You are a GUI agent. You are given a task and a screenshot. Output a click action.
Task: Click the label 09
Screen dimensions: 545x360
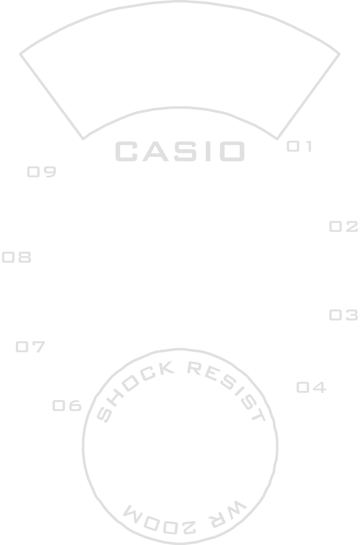coord(41,172)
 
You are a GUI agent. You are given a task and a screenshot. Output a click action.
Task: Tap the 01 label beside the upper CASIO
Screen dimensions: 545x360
coord(299,147)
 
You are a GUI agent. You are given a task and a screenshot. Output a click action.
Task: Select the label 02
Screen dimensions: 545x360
coord(344,227)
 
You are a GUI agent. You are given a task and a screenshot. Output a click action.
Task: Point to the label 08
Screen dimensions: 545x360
coord(17,258)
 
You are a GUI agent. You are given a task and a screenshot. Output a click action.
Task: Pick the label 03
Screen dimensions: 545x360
coord(343,315)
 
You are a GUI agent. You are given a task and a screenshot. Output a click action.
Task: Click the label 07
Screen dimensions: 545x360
coord(31,348)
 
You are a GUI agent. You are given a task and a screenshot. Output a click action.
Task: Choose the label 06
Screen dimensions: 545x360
coord(67,406)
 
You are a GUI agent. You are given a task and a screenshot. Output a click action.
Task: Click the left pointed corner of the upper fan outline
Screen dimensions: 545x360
coord(20,53)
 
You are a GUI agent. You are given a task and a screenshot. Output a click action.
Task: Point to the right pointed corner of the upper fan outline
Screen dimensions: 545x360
coord(340,53)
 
